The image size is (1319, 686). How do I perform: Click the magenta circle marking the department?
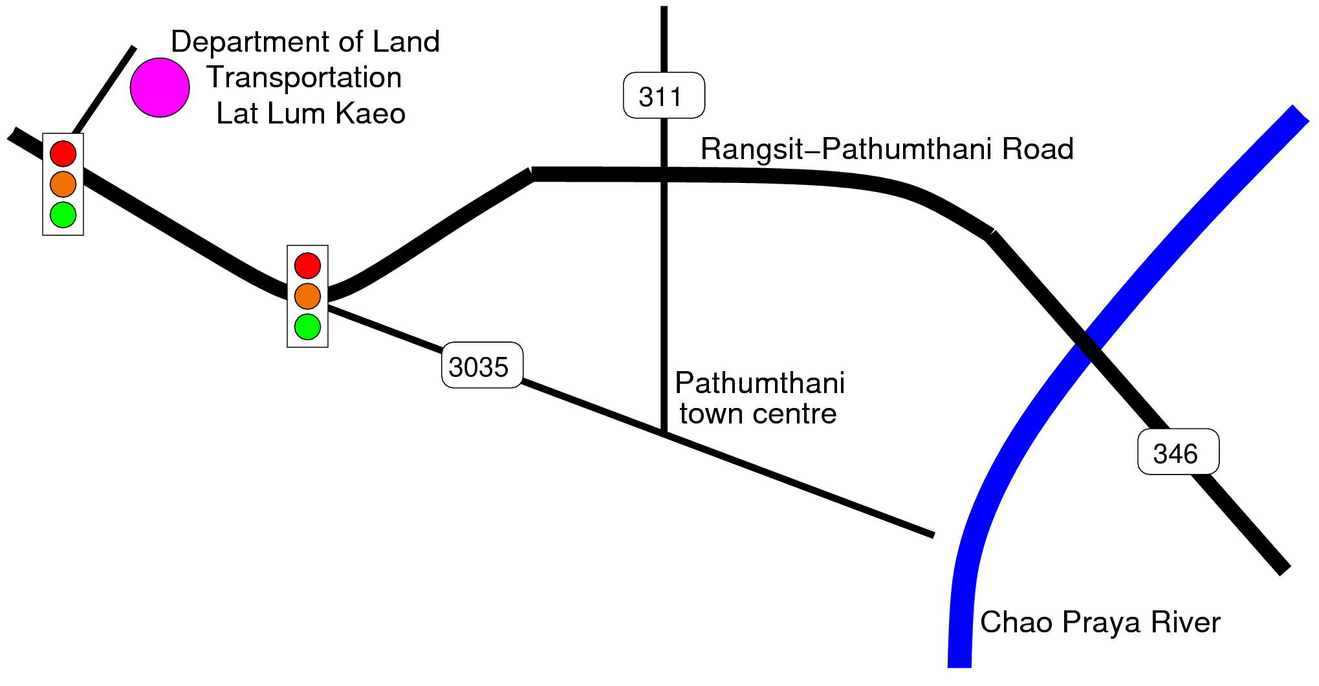tap(160, 87)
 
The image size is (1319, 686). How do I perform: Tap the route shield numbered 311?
tap(664, 95)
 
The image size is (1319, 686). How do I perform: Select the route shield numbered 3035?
tap(482, 365)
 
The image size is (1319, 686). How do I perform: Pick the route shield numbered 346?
tap(1178, 451)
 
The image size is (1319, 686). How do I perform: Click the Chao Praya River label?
tap(1100, 622)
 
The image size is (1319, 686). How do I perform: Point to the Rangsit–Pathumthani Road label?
tap(887, 149)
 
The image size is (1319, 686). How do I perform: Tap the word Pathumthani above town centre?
tap(759, 383)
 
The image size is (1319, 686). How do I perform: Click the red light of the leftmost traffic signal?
tap(63, 153)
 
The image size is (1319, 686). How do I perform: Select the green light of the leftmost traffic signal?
tap(63, 215)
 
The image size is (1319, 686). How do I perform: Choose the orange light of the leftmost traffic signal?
tap(63, 184)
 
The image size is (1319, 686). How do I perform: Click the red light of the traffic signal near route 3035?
tap(307, 265)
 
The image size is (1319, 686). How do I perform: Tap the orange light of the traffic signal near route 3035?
tap(307, 296)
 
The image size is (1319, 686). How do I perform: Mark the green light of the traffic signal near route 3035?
tap(307, 327)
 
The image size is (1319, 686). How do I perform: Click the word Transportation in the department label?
tap(304, 78)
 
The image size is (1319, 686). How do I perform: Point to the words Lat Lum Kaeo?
tap(311, 113)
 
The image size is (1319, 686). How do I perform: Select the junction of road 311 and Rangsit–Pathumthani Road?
tap(664, 174)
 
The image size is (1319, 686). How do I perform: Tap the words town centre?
tap(758, 414)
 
